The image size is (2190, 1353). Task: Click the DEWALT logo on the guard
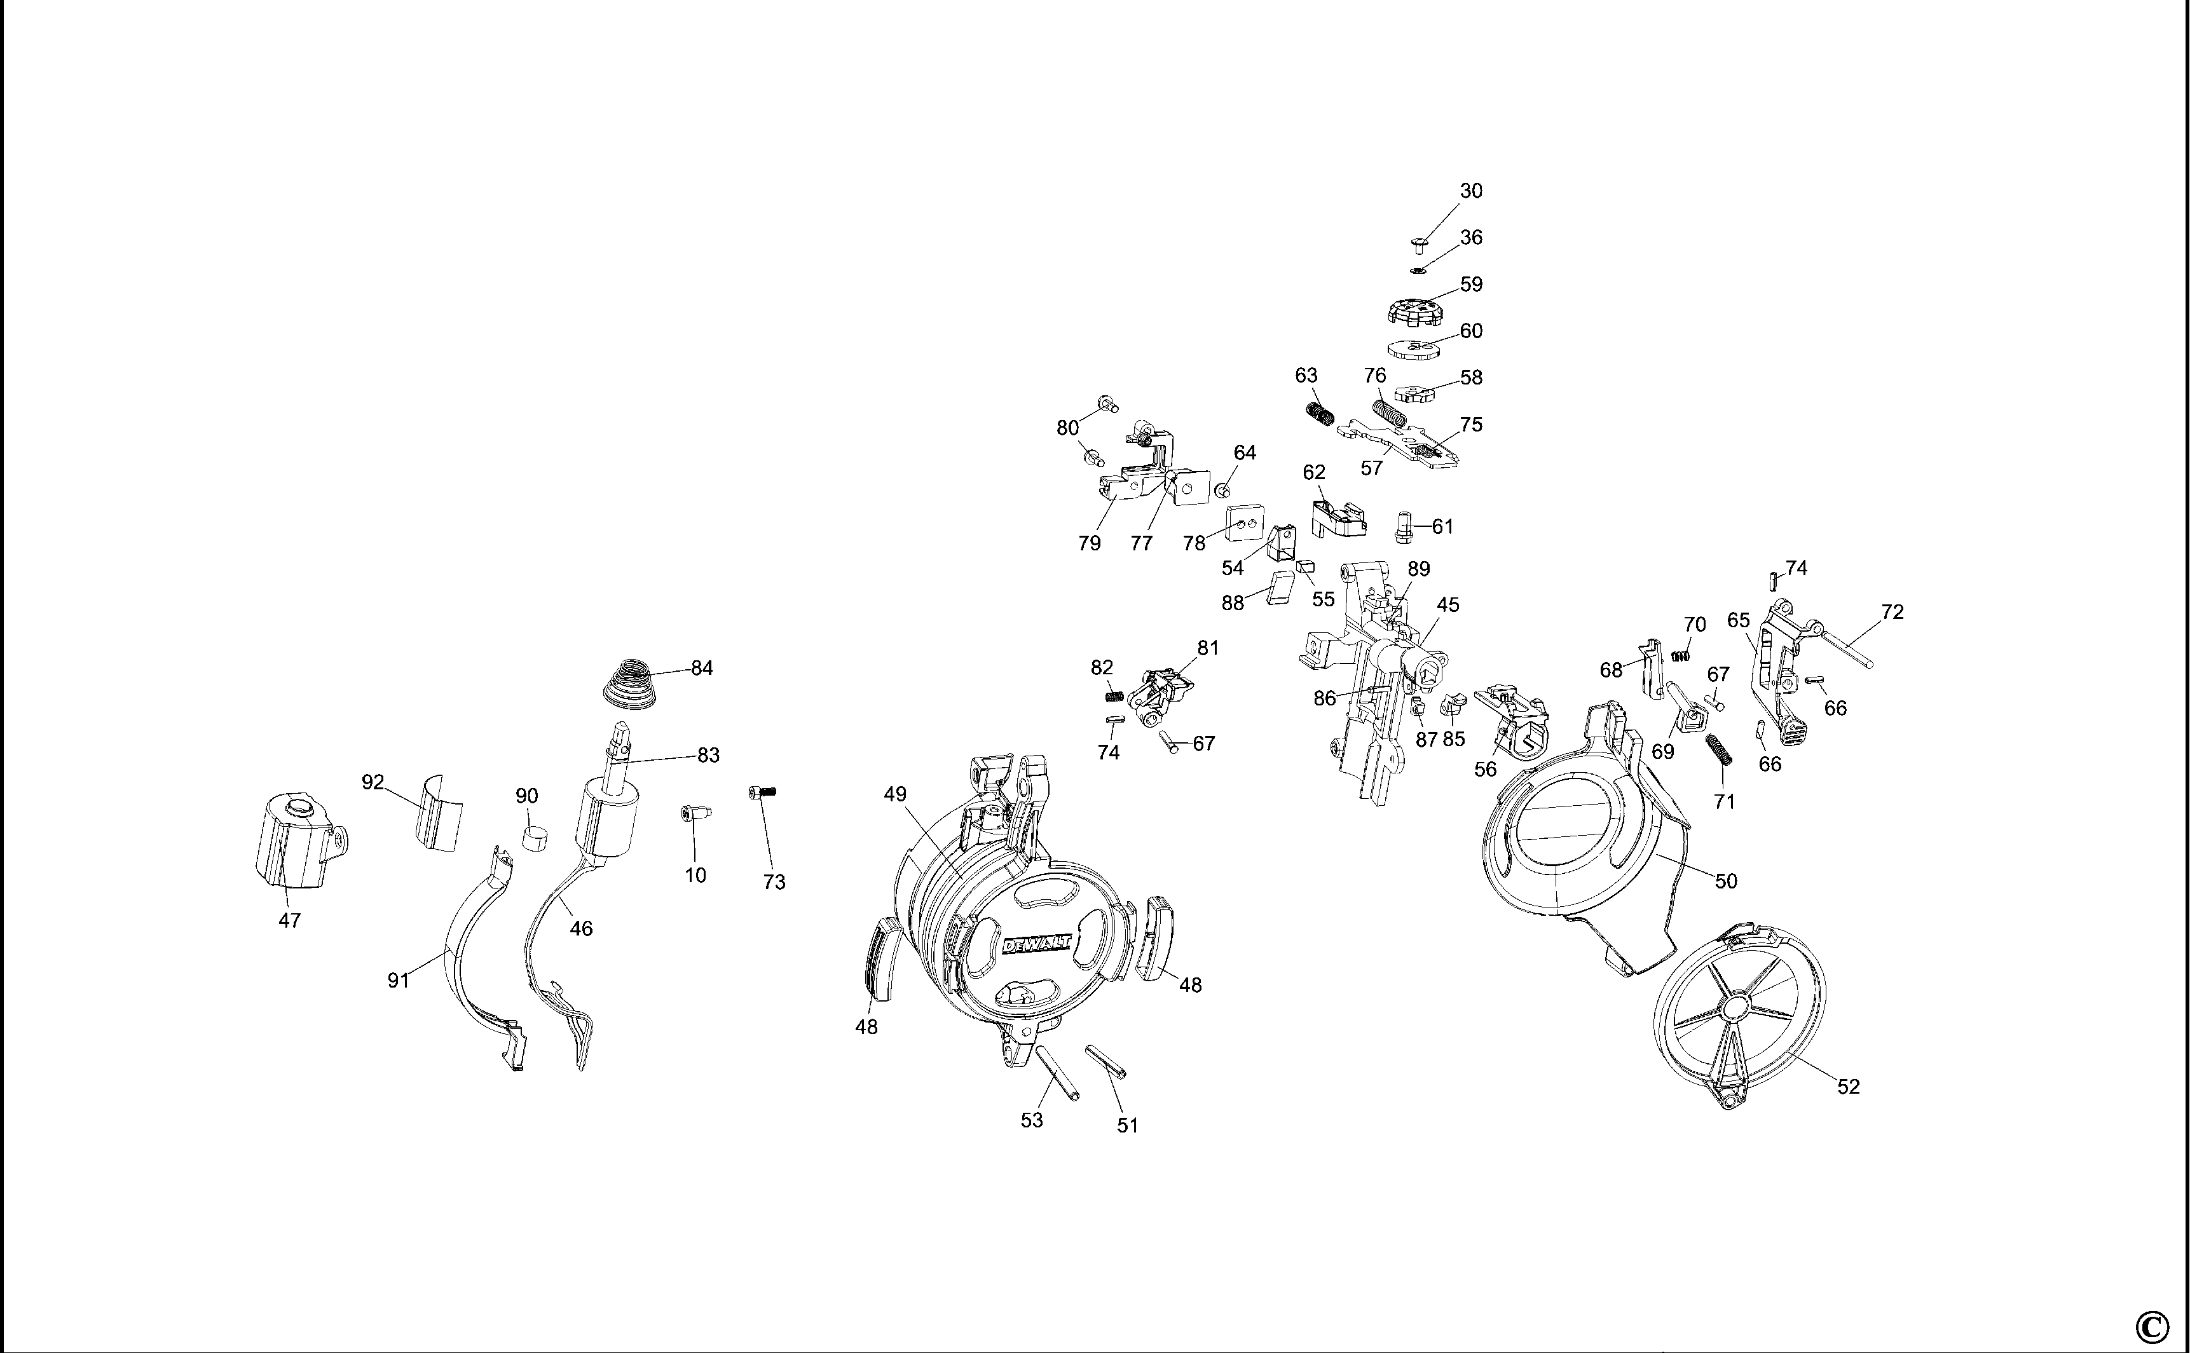coord(1036,943)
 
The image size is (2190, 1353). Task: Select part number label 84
coord(702,669)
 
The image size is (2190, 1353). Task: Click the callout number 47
coord(289,920)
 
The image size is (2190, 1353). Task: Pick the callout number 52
coord(1848,1086)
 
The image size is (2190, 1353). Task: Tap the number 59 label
coord(1471,285)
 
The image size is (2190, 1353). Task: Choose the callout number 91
coord(398,981)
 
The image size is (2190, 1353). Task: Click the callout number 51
coord(1128,1125)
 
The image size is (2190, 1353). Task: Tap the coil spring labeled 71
coord(1719,750)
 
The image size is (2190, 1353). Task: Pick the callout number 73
coord(774,882)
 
